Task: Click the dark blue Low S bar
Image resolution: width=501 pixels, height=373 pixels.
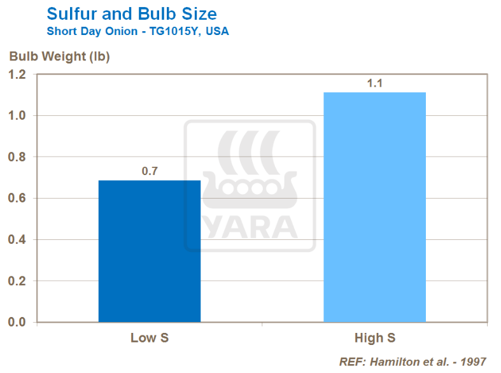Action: [150, 251]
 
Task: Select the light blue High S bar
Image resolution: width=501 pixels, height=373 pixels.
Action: [374, 207]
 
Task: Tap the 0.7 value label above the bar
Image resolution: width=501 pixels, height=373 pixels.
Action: [150, 171]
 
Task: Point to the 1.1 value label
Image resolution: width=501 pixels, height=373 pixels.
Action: [374, 83]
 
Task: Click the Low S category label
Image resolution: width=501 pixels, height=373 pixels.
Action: [149, 337]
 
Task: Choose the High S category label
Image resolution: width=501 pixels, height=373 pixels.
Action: [374, 337]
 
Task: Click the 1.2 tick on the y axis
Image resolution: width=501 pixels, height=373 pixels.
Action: [18, 74]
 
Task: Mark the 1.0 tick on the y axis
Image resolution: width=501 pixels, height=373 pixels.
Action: [18, 116]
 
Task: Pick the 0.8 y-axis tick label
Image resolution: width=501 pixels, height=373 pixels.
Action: [18, 157]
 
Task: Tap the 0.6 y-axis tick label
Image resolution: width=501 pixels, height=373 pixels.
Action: [18, 199]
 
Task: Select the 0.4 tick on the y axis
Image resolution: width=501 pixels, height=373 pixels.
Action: [18, 240]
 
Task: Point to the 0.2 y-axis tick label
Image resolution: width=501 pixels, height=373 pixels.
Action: [18, 281]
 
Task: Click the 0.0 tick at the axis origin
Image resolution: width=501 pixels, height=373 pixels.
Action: [18, 322]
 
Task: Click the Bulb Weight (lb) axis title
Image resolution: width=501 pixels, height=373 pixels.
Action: [59, 56]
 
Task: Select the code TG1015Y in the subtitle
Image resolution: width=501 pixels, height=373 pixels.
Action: [171, 31]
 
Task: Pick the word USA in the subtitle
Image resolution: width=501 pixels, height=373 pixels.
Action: [216, 31]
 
